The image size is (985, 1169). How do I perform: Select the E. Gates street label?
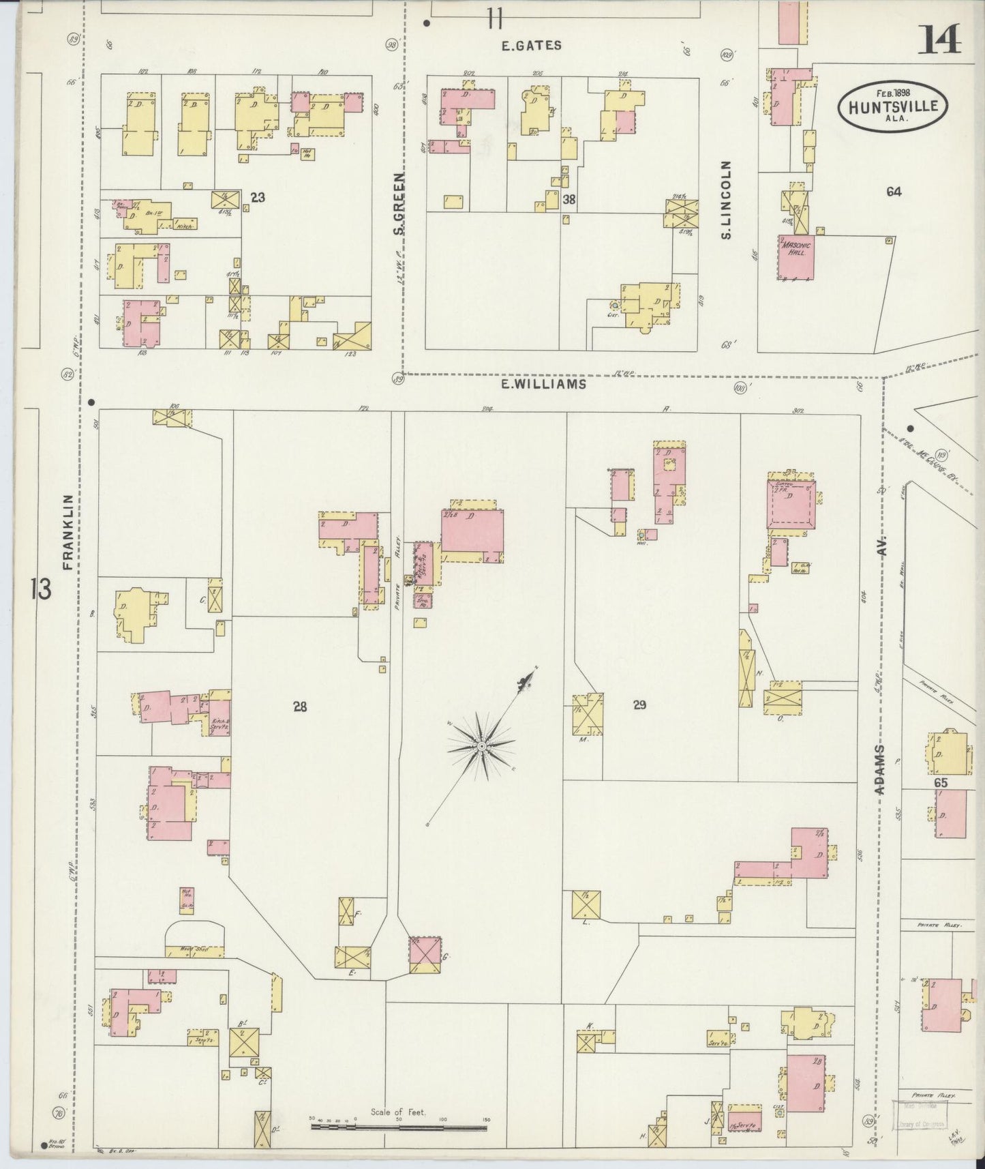click(x=531, y=46)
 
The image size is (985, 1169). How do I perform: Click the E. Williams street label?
click(x=543, y=384)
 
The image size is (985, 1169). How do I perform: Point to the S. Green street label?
click(x=399, y=204)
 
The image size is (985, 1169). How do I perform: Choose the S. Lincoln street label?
click(x=726, y=200)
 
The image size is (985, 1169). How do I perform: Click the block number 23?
click(x=258, y=198)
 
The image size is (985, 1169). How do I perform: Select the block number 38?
click(x=571, y=198)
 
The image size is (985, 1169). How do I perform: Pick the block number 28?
click(x=300, y=707)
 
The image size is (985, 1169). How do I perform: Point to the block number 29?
click(x=639, y=705)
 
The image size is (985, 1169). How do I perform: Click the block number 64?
click(x=894, y=192)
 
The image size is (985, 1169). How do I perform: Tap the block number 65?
click(x=941, y=783)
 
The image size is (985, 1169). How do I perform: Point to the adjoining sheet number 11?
click(x=494, y=18)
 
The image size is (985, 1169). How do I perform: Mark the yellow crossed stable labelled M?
click(x=588, y=714)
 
